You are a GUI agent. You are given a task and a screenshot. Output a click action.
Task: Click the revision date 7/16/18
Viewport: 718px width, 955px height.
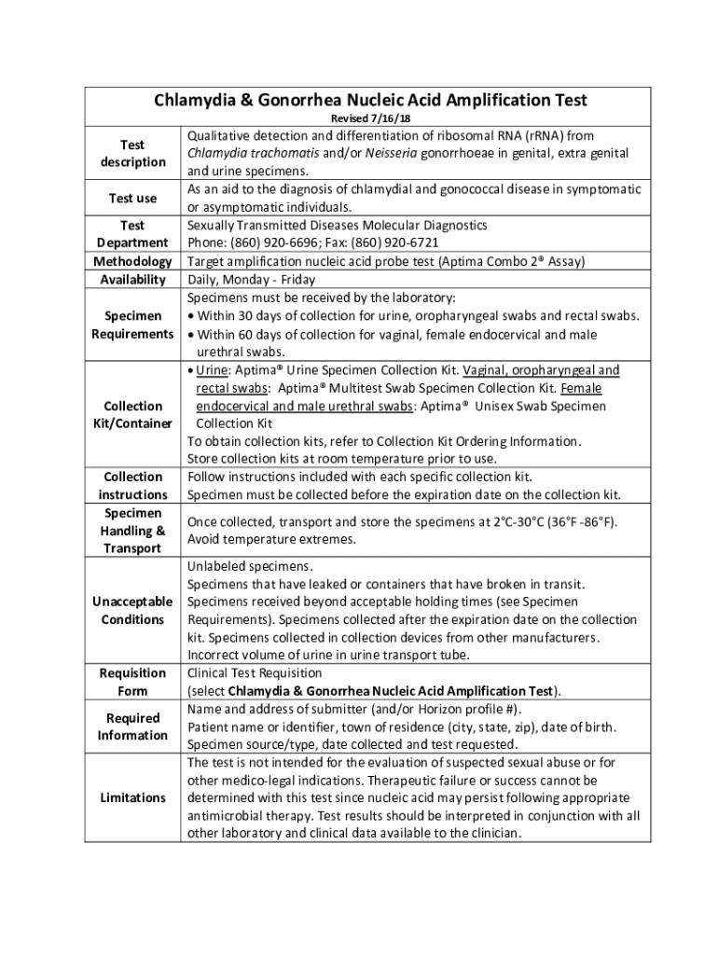[x=384, y=119]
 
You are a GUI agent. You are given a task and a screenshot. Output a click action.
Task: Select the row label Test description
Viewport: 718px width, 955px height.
[x=132, y=154]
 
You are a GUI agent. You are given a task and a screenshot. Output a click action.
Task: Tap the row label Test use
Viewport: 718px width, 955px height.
[x=132, y=198]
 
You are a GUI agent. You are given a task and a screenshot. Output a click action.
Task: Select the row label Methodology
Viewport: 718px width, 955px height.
[x=132, y=261]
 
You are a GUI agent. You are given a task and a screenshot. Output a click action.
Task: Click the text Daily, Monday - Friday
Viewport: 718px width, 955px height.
[x=251, y=280]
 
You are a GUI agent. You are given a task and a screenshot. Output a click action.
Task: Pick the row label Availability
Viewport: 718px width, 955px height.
[x=132, y=280]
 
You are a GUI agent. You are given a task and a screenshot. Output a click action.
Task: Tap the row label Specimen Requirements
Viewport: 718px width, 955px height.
[x=132, y=325]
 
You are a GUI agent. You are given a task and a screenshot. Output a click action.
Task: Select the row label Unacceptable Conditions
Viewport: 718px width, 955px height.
[x=132, y=611]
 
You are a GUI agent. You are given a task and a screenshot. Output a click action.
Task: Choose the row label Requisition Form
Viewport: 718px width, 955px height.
[x=132, y=682]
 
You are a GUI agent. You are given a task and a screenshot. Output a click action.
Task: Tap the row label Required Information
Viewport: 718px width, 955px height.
[x=132, y=727]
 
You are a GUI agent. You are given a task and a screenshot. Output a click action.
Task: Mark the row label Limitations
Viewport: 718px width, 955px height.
[x=132, y=797]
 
